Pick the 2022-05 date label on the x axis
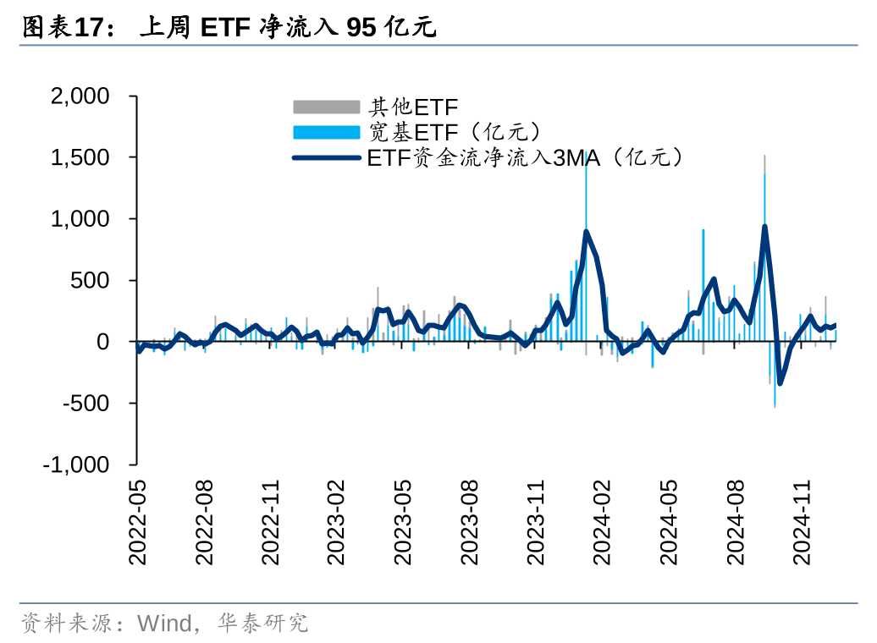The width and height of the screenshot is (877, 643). click(x=137, y=522)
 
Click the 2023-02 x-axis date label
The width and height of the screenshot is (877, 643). click(x=336, y=522)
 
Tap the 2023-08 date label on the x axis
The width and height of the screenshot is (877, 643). click(x=469, y=522)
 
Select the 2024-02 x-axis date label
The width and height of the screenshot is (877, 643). click(x=602, y=522)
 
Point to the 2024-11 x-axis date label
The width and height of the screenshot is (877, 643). click(x=801, y=522)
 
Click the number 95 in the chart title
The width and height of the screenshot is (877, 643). click(x=361, y=28)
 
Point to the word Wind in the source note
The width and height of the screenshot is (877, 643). click(x=165, y=624)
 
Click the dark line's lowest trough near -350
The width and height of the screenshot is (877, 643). click(x=780, y=383)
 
